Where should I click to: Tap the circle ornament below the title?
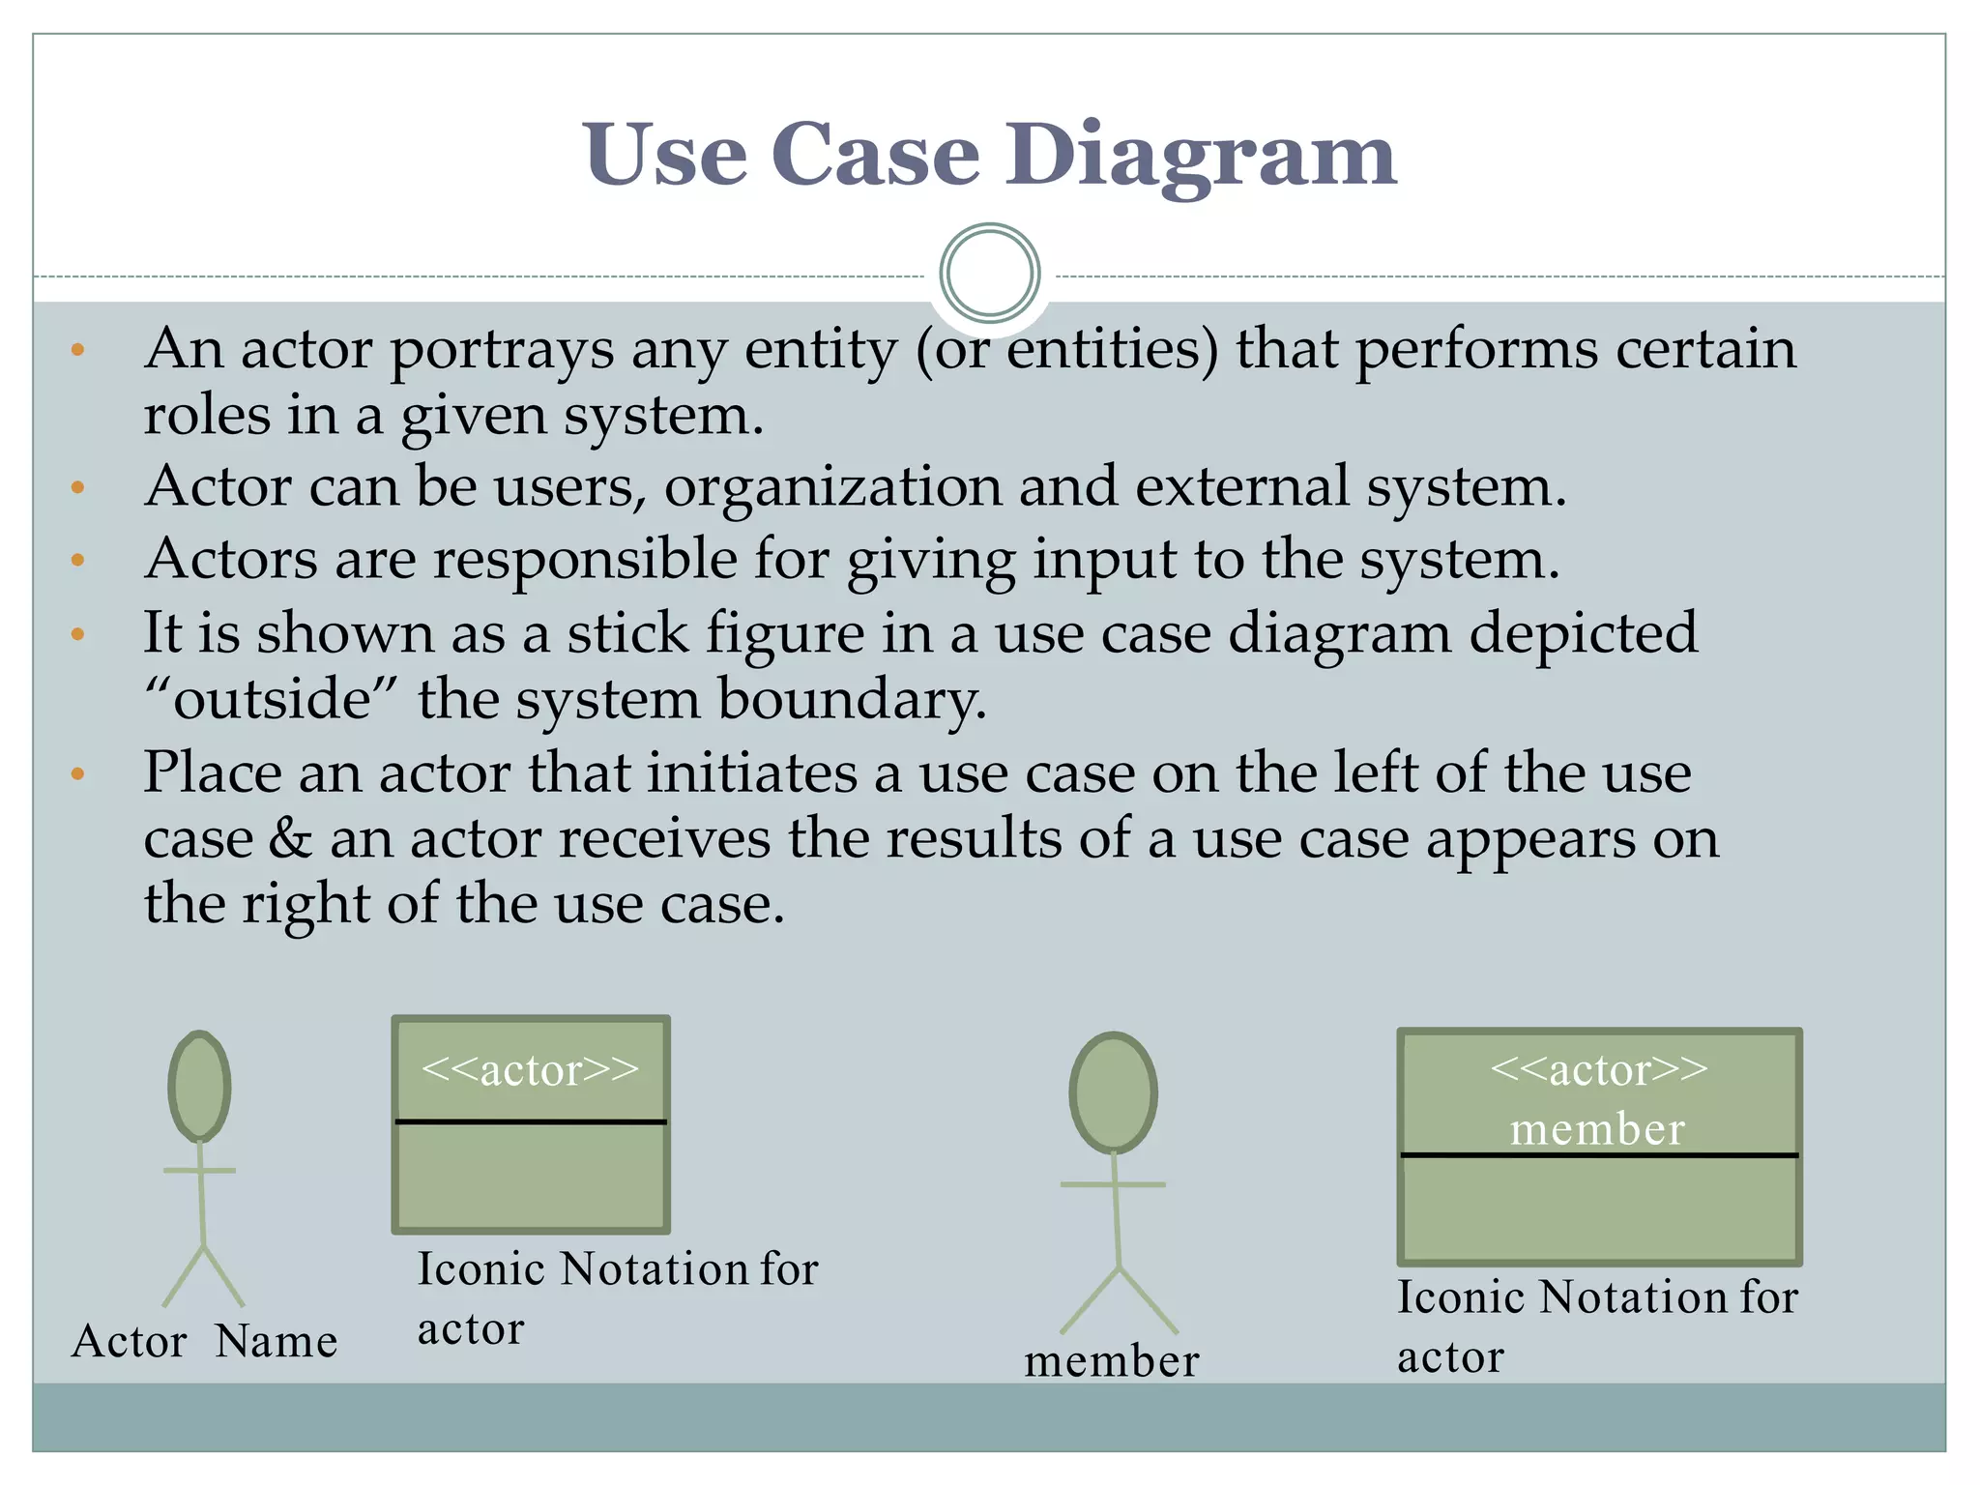pyautogui.click(x=989, y=273)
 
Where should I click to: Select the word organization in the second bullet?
pyautogui.click(x=832, y=486)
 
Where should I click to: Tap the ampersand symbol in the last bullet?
pyautogui.click(x=289, y=838)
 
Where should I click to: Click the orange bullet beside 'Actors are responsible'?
pyautogui.click(x=78, y=560)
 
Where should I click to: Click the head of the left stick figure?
pyautogui.click(x=199, y=1086)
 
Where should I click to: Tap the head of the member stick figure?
pyautogui.click(x=1113, y=1092)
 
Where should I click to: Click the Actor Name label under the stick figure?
pyautogui.click(x=204, y=1342)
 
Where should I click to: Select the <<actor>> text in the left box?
pyautogui.click(x=531, y=1070)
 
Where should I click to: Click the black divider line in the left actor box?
pyautogui.click(x=531, y=1121)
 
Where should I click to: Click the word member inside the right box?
pyautogui.click(x=1597, y=1129)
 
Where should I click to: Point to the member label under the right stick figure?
pyautogui.click(x=1112, y=1361)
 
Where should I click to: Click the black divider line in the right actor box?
pyautogui.click(x=1599, y=1155)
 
